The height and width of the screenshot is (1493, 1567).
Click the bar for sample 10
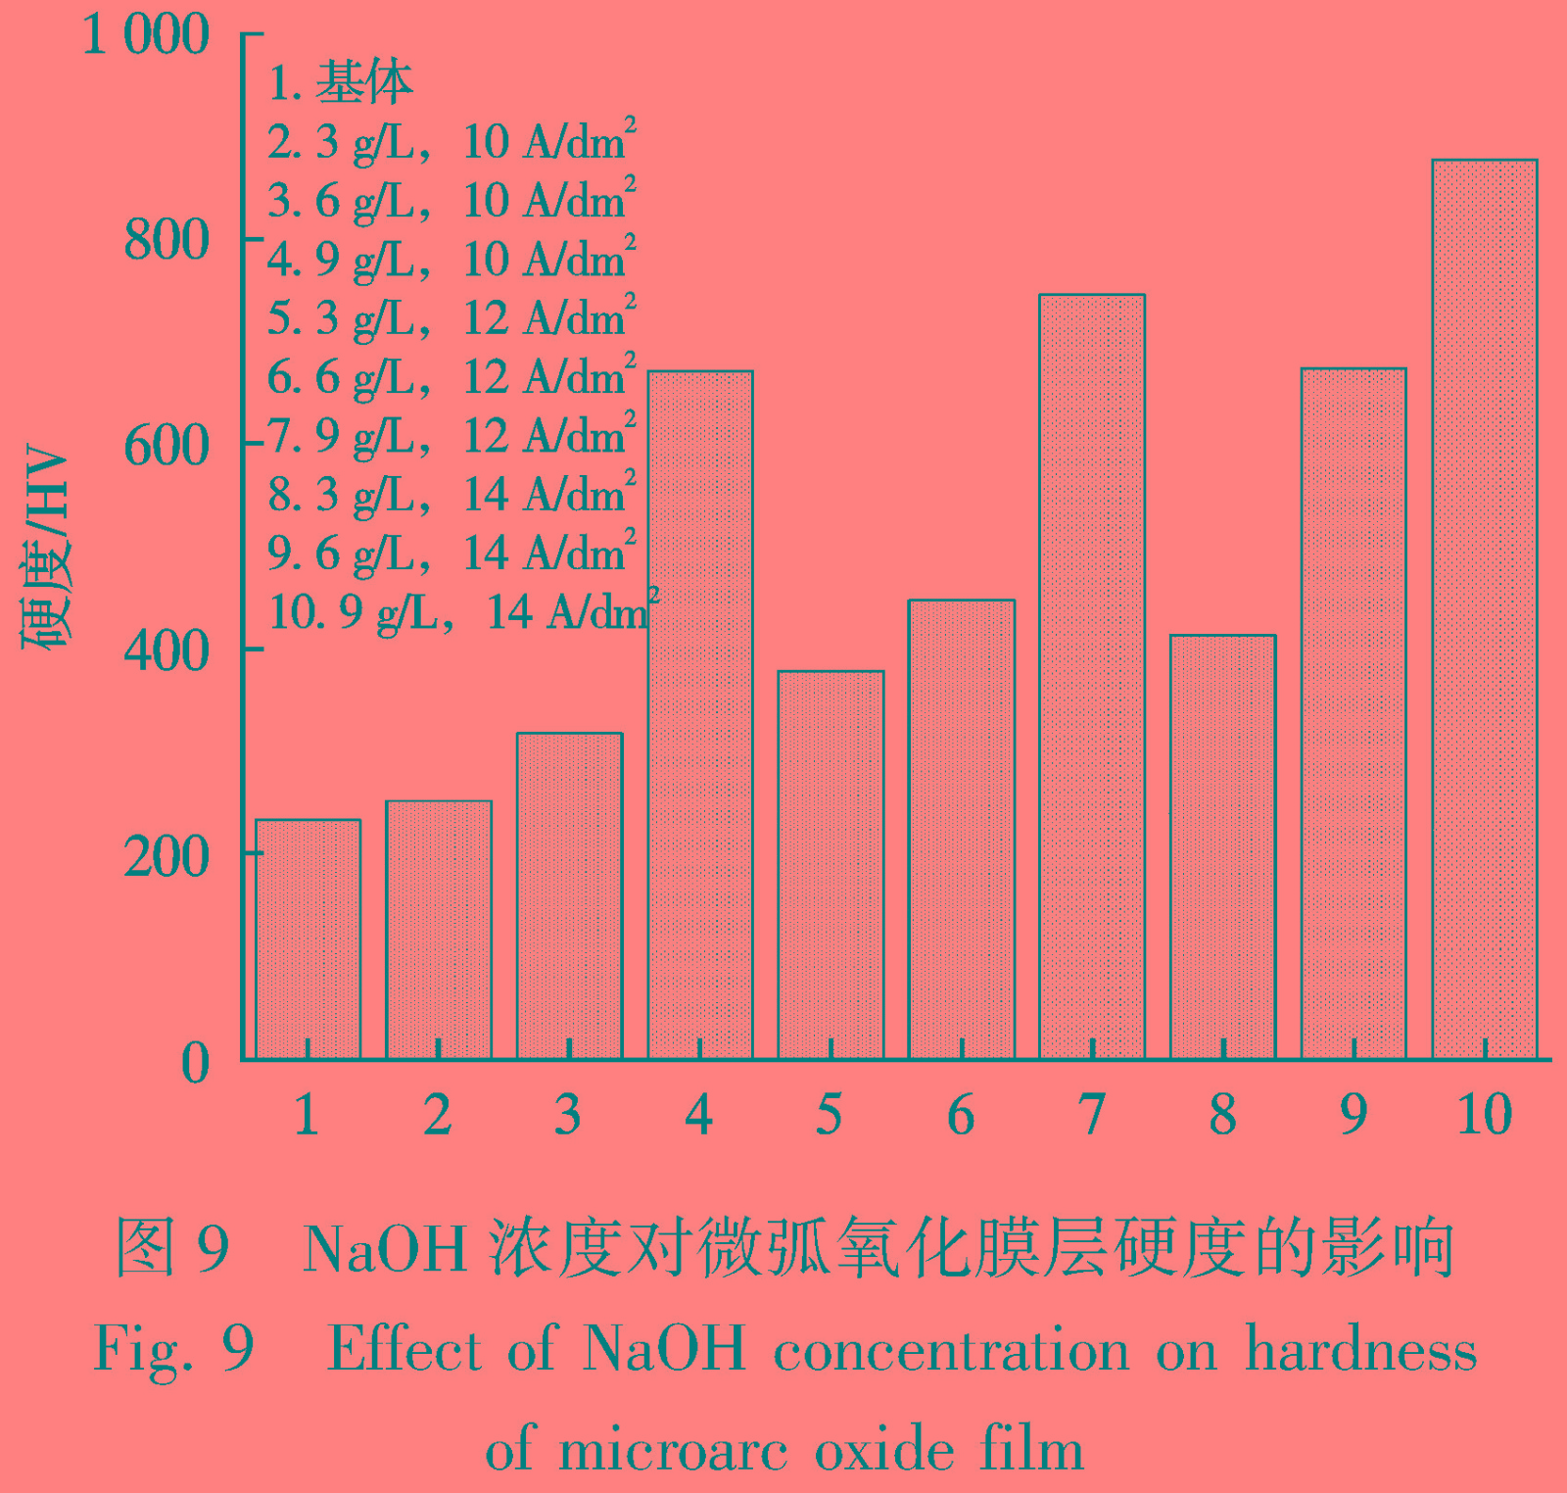(x=1484, y=607)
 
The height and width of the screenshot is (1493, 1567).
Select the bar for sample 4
(x=700, y=715)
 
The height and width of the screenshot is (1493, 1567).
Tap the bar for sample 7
(x=1092, y=676)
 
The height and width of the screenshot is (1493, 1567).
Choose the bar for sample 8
(x=1222, y=847)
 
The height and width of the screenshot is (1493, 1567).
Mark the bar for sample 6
(x=962, y=829)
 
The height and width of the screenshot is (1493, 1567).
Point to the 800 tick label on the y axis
(x=166, y=240)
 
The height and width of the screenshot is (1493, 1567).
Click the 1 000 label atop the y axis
(x=145, y=34)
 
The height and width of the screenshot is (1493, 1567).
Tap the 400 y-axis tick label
(x=166, y=650)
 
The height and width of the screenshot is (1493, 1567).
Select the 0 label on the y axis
(x=195, y=1062)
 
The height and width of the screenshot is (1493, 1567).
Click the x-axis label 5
(x=830, y=1114)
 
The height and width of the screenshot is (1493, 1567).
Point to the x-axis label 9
(x=1353, y=1114)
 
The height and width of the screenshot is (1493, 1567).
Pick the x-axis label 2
(x=438, y=1114)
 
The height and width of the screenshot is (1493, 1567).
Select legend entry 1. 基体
(x=340, y=82)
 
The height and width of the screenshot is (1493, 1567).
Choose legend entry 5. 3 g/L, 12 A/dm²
(x=451, y=318)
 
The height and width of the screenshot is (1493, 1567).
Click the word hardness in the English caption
(x=1360, y=1350)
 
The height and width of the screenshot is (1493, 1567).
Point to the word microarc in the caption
(x=673, y=1450)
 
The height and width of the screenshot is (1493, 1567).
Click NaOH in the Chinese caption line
(x=385, y=1249)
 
